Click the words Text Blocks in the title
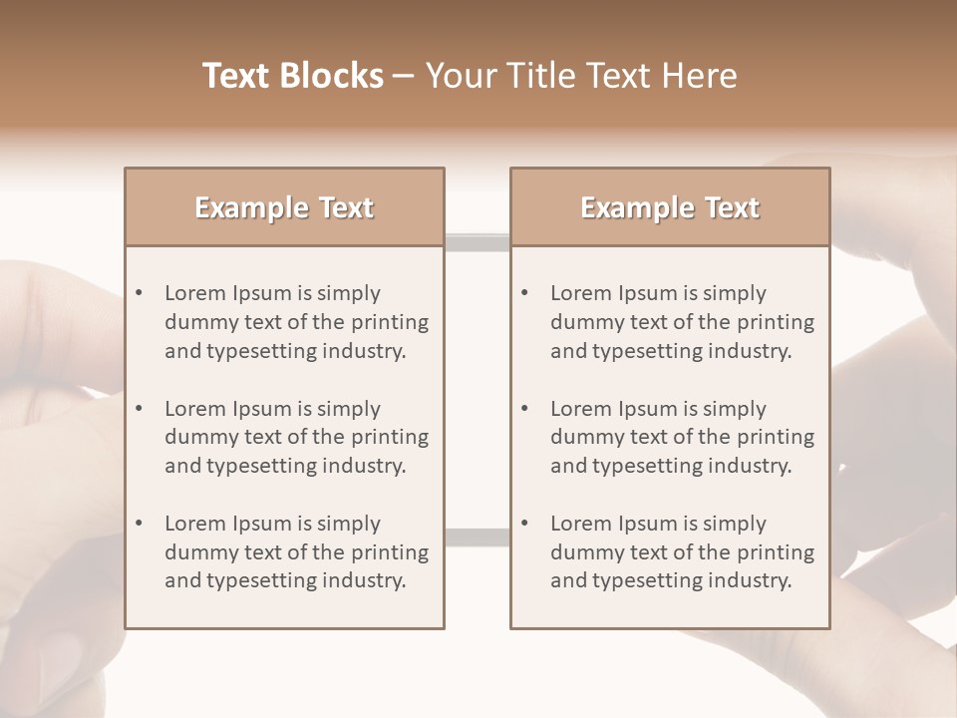pyautogui.click(x=292, y=76)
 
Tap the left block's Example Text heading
pyautogui.click(x=284, y=207)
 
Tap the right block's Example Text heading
pyautogui.click(x=670, y=207)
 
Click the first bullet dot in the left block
pyautogui.click(x=139, y=293)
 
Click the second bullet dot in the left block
pyautogui.click(x=139, y=409)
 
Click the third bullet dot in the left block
pyautogui.click(x=139, y=524)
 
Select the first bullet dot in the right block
pyautogui.click(x=524, y=293)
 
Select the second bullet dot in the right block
pyautogui.click(x=524, y=409)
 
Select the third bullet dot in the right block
pyautogui.click(x=524, y=524)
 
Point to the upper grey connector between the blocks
pyautogui.click(x=477, y=241)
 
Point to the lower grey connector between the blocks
pyautogui.click(x=477, y=538)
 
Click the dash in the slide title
pyautogui.click(x=404, y=76)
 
